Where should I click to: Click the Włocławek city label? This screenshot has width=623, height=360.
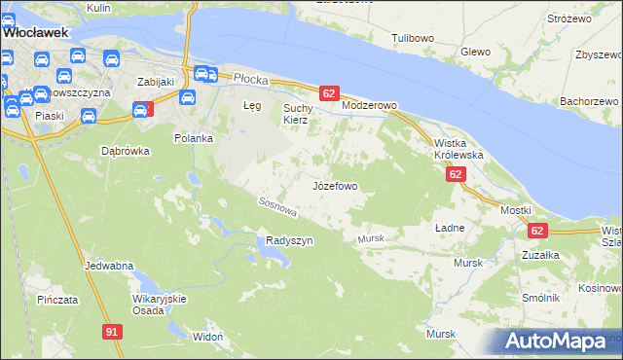click(34, 32)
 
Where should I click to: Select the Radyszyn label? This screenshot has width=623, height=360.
click(289, 240)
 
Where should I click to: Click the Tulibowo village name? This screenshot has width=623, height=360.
click(413, 38)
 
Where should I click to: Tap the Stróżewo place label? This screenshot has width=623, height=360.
click(569, 18)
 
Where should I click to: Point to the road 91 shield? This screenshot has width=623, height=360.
click(113, 332)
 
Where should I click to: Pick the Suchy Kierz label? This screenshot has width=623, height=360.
click(295, 114)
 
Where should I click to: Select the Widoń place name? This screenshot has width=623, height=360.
click(208, 336)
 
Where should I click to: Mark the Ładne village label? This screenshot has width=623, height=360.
click(450, 227)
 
